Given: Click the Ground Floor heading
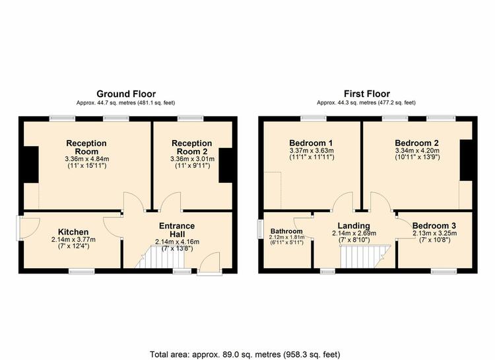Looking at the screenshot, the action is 126,94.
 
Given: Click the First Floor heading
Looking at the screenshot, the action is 366,94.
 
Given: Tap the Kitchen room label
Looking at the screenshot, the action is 73,232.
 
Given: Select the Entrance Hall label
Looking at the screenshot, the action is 177,230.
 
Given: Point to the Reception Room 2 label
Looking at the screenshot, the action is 191,147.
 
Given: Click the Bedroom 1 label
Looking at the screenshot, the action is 311,143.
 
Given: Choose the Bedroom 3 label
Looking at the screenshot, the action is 434,226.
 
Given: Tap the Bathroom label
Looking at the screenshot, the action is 286,231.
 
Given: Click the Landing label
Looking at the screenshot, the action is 354,226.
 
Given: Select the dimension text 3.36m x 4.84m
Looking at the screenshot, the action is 87,159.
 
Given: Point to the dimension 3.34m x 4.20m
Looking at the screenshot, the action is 417,151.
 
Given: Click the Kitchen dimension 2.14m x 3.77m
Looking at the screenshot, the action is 73,240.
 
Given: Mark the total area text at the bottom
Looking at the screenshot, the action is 245,354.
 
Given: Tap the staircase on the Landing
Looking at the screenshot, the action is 364,257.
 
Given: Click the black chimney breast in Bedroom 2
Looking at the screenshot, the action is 465,160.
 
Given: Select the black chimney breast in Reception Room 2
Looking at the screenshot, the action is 226,165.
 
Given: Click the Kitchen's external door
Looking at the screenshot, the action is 28,228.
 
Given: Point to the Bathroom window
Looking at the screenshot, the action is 261,229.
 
